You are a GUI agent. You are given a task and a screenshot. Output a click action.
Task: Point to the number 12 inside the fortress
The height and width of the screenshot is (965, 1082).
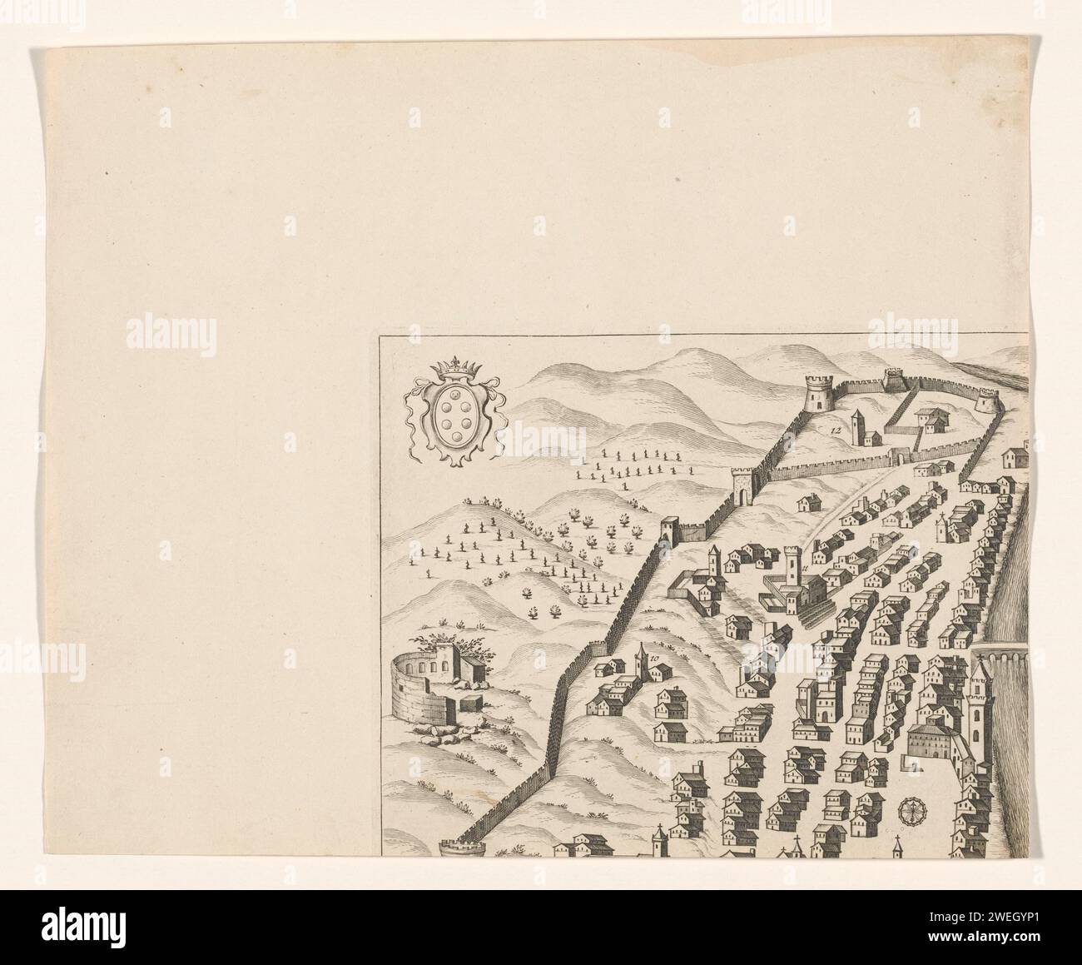[835, 427]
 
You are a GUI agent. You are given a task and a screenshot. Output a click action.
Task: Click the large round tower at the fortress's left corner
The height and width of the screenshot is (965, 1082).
[818, 393]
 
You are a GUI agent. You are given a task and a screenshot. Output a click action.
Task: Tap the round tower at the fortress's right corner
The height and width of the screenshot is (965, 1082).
[986, 401]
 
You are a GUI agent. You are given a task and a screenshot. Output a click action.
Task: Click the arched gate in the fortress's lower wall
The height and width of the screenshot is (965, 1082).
[899, 456]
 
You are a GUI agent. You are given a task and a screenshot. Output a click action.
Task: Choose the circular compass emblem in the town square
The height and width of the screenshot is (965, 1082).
[911, 810]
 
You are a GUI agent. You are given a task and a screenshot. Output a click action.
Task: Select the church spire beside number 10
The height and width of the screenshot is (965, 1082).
[640, 662]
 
